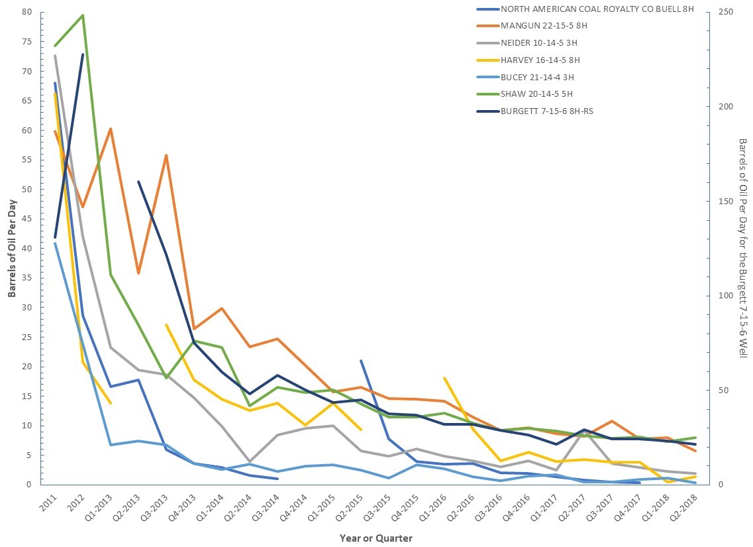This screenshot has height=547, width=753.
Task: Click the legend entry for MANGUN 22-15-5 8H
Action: tap(544, 26)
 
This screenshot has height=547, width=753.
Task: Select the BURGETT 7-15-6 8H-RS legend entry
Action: tap(546, 111)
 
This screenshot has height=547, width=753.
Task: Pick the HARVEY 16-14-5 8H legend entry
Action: tap(540, 60)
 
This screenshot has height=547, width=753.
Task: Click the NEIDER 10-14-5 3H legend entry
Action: tap(540, 42)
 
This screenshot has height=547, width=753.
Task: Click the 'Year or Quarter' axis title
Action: tap(376, 538)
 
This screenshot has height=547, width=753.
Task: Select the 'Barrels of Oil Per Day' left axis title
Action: tap(13, 248)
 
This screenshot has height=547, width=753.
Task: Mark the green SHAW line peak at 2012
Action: tap(83, 15)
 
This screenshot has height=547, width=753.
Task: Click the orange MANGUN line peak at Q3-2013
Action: tap(166, 155)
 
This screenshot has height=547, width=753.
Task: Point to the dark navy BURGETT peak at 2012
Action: tap(83, 54)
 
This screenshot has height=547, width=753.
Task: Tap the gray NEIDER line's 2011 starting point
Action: tap(55, 56)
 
